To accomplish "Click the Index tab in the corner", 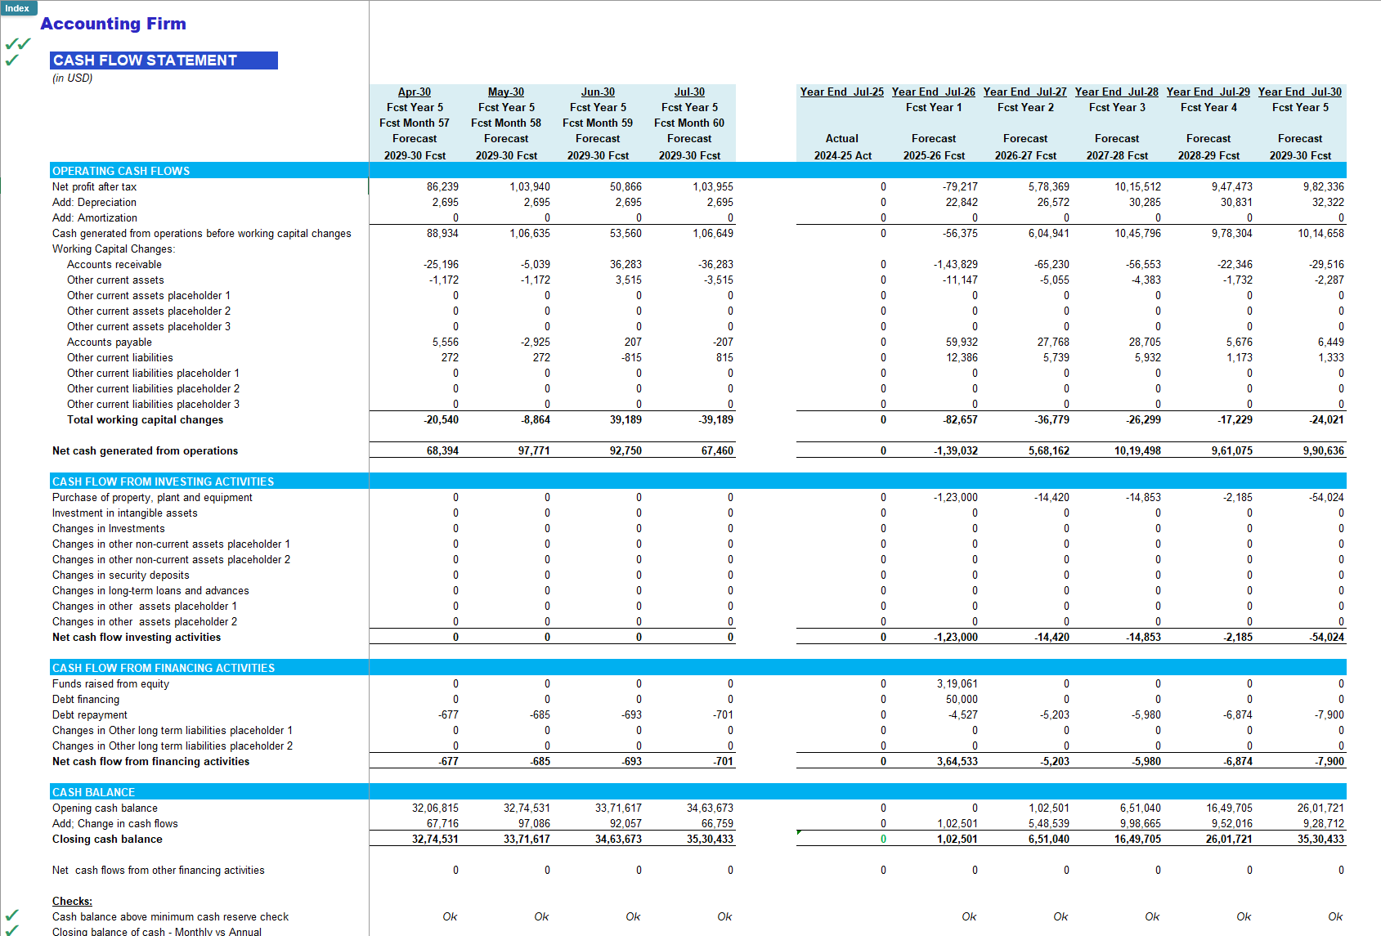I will click(17, 8).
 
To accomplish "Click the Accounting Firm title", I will click(113, 24).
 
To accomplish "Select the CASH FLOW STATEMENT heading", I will click(146, 60).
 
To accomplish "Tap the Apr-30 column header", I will click(415, 92).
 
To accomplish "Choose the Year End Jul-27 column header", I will click(1025, 92).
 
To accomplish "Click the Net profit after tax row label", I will click(95, 187).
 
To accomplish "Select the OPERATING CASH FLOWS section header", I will click(121, 171).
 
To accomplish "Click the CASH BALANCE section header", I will click(94, 792).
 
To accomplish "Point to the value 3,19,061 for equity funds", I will click(957, 684).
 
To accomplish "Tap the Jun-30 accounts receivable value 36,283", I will click(625, 265).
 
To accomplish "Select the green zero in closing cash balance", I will click(883, 840).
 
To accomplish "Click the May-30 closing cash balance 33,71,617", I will click(527, 840).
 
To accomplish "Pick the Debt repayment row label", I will click(90, 715).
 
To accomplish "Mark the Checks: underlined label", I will click(72, 902).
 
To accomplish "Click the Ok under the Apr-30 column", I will click(450, 917).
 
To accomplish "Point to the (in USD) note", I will click(73, 78).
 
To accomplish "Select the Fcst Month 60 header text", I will click(689, 123).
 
